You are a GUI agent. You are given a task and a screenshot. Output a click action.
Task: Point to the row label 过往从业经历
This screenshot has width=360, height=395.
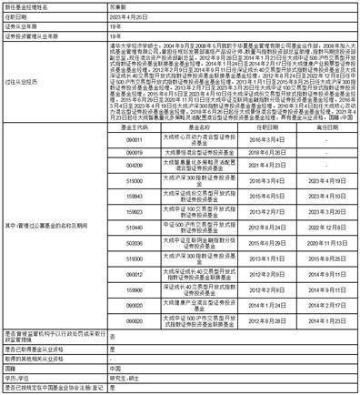[20, 79]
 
